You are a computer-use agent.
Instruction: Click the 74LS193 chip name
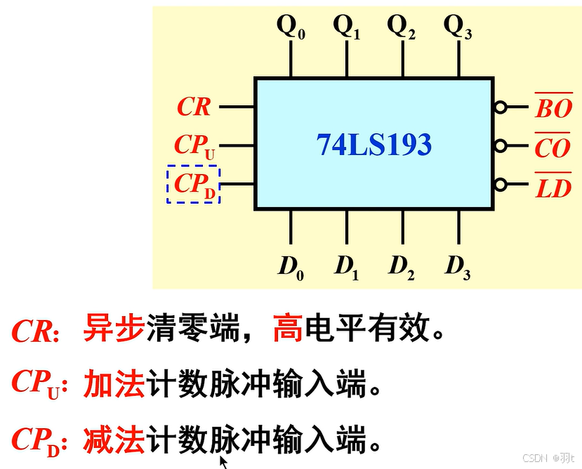373,145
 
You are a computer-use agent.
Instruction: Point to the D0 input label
291,266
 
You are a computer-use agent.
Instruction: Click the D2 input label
402,266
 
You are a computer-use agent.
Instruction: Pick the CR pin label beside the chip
194,107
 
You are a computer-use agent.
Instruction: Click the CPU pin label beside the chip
194,146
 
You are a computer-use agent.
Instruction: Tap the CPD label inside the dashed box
194,185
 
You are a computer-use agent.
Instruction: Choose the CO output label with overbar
553,147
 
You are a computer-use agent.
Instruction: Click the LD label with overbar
553,187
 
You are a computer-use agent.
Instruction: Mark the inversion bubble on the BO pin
500,107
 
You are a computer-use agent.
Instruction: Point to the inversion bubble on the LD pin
500,185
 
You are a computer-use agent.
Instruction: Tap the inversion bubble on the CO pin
500,146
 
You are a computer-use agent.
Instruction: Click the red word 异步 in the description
114,329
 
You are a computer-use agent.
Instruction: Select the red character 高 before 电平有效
286,329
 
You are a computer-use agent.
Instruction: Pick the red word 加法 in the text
114,384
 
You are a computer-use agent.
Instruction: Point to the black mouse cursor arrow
224,462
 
